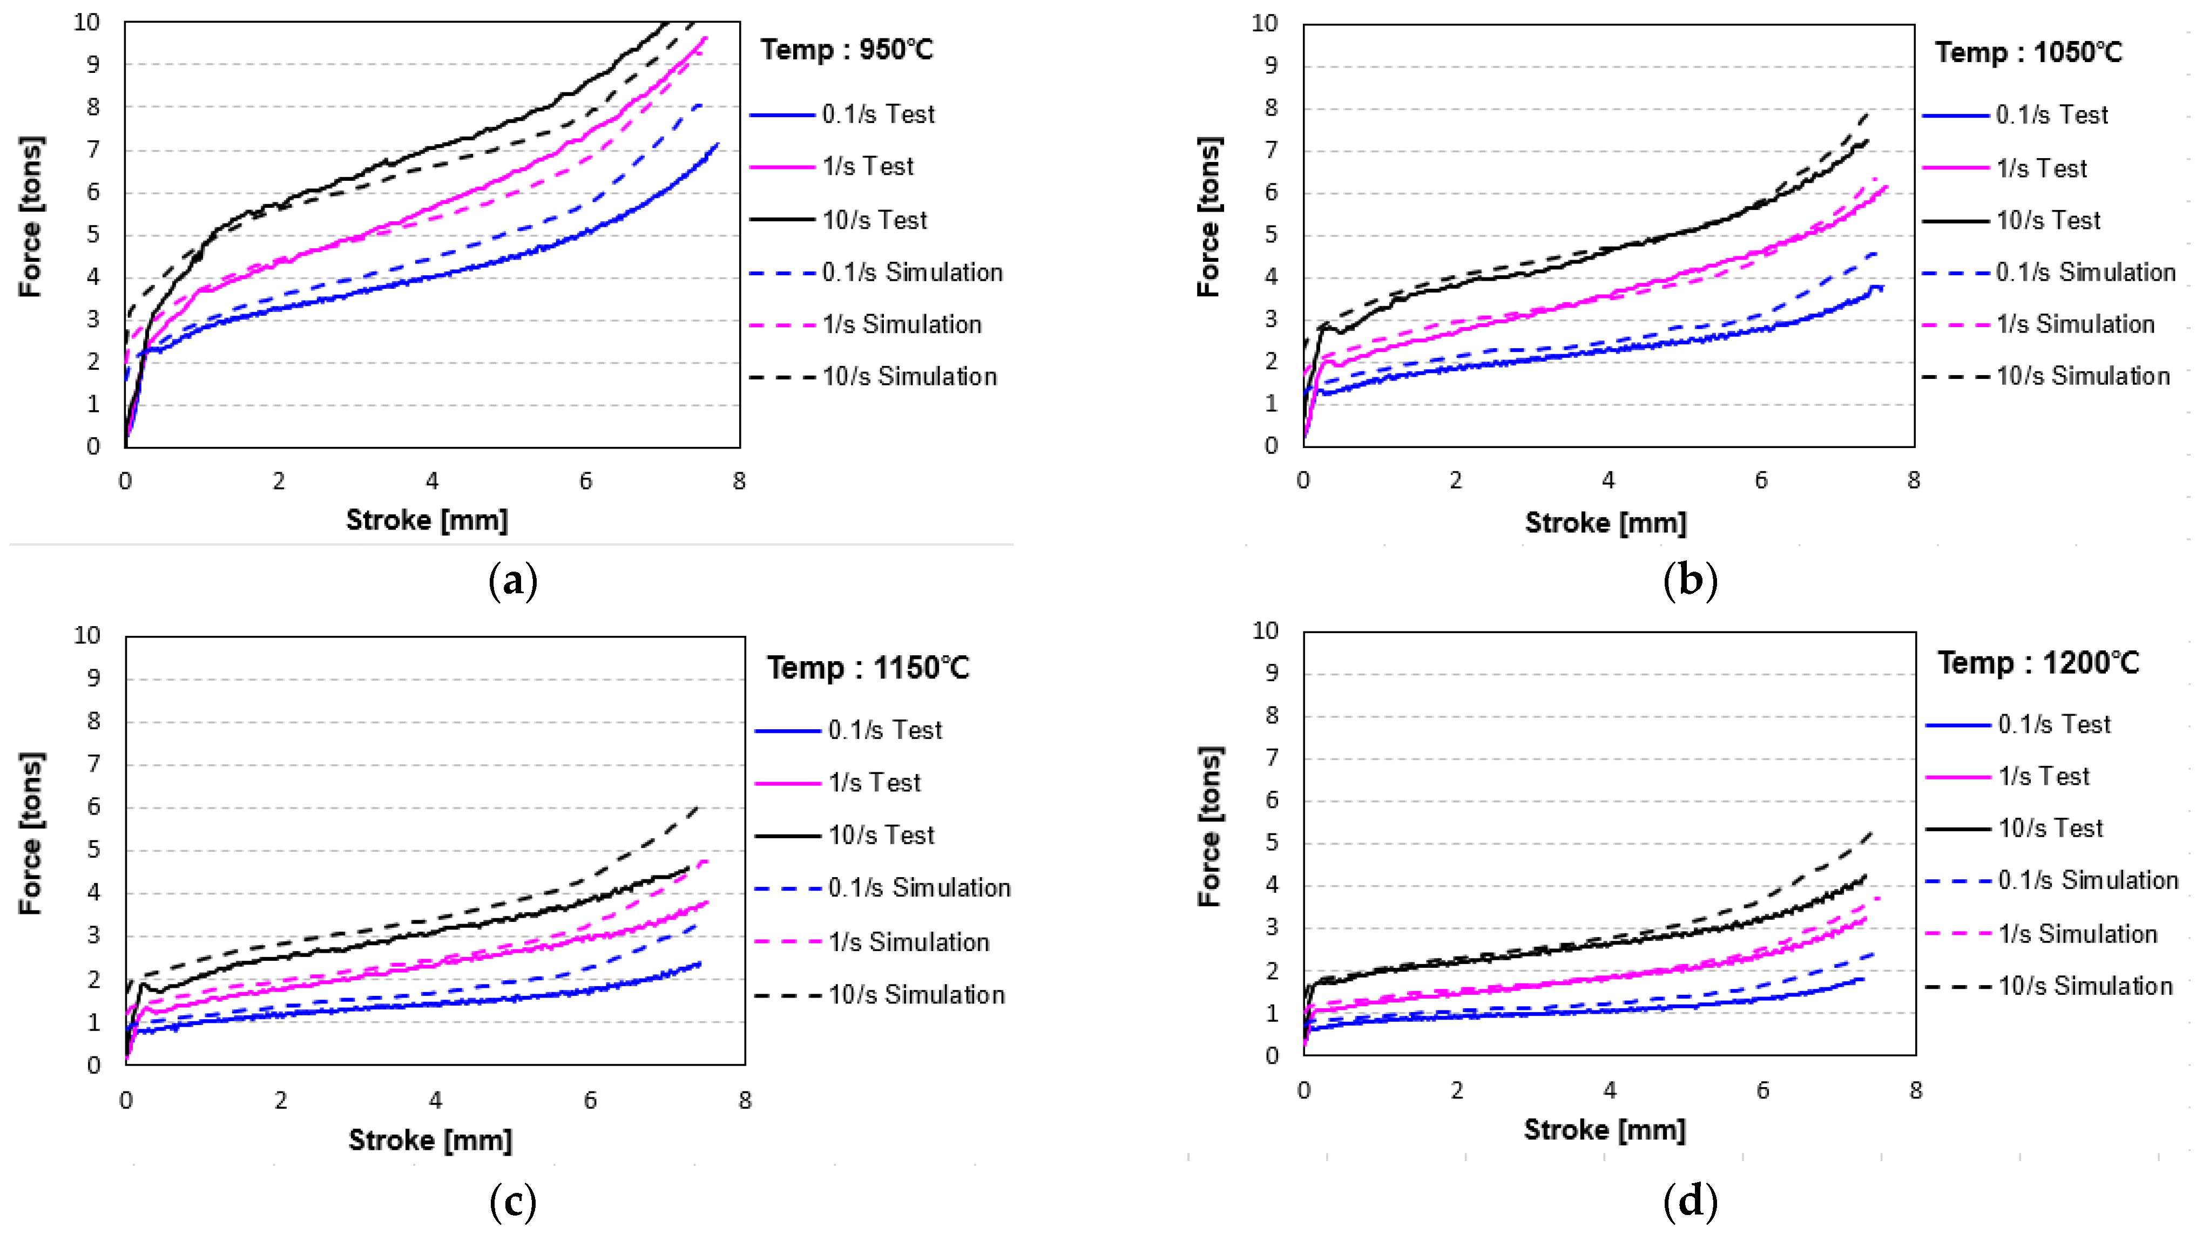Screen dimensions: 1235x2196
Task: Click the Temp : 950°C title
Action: click(847, 50)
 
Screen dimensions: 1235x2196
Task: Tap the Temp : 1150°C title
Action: click(867, 667)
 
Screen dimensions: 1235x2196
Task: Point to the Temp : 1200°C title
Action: click(2038, 662)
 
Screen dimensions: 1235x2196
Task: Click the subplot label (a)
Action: click(513, 582)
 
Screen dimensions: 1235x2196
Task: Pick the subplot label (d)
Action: click(1690, 1201)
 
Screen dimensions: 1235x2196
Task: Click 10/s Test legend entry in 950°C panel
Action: click(874, 220)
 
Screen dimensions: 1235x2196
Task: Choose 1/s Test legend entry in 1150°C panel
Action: click(874, 783)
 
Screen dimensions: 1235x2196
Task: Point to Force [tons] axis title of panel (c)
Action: click(31, 833)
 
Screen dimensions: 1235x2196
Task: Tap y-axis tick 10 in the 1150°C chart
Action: click(87, 635)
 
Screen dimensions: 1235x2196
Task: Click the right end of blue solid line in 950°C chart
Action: click(719, 144)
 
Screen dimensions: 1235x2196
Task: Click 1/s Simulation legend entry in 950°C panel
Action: click(901, 325)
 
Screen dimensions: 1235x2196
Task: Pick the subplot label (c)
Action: click(513, 1202)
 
